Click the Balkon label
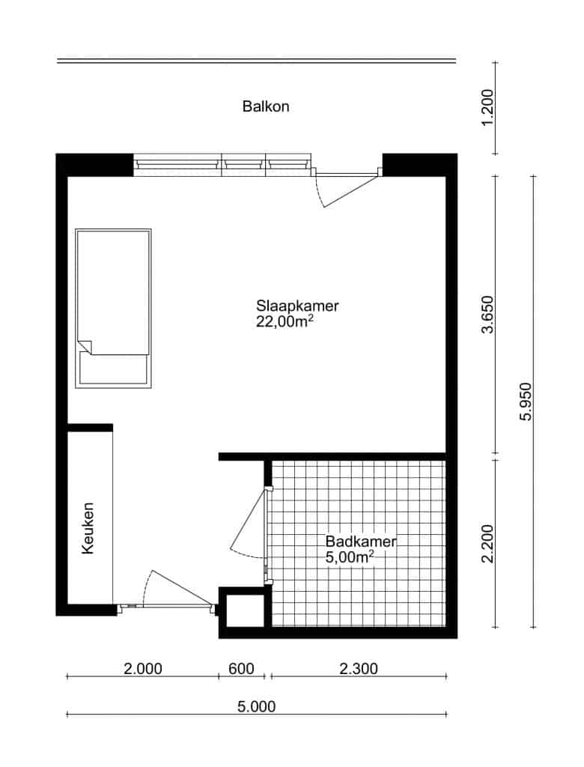pyautogui.click(x=266, y=106)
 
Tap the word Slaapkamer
pyautogui.click(x=297, y=306)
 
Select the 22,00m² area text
pyautogui.click(x=285, y=321)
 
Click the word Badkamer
pyautogui.click(x=360, y=542)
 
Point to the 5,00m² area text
pyautogui.click(x=350, y=557)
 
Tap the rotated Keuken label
pyautogui.click(x=88, y=528)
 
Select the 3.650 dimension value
pyautogui.click(x=487, y=315)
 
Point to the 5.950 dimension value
pyautogui.click(x=526, y=401)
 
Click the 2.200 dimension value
pyautogui.click(x=487, y=544)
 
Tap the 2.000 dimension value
pyautogui.click(x=143, y=668)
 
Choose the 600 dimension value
pyautogui.click(x=242, y=668)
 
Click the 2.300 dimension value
pyautogui.click(x=359, y=668)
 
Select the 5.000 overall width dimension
pyautogui.click(x=257, y=706)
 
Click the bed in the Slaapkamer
pyautogui.click(x=113, y=308)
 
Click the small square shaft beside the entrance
pyautogui.click(x=245, y=610)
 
